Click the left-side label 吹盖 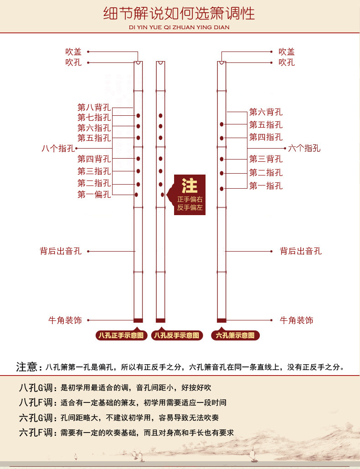73,52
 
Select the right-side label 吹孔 287,62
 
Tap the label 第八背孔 94,108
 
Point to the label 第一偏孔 94,195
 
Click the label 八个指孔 58,148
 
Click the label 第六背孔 266,112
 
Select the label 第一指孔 266,186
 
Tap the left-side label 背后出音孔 61,251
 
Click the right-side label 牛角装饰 296,320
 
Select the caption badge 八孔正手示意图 121,335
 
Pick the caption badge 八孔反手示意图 176,335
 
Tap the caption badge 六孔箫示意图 235,335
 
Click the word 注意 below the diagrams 26,367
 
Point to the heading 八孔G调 37,388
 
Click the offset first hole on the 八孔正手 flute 136,195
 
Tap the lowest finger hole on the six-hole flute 221,188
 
